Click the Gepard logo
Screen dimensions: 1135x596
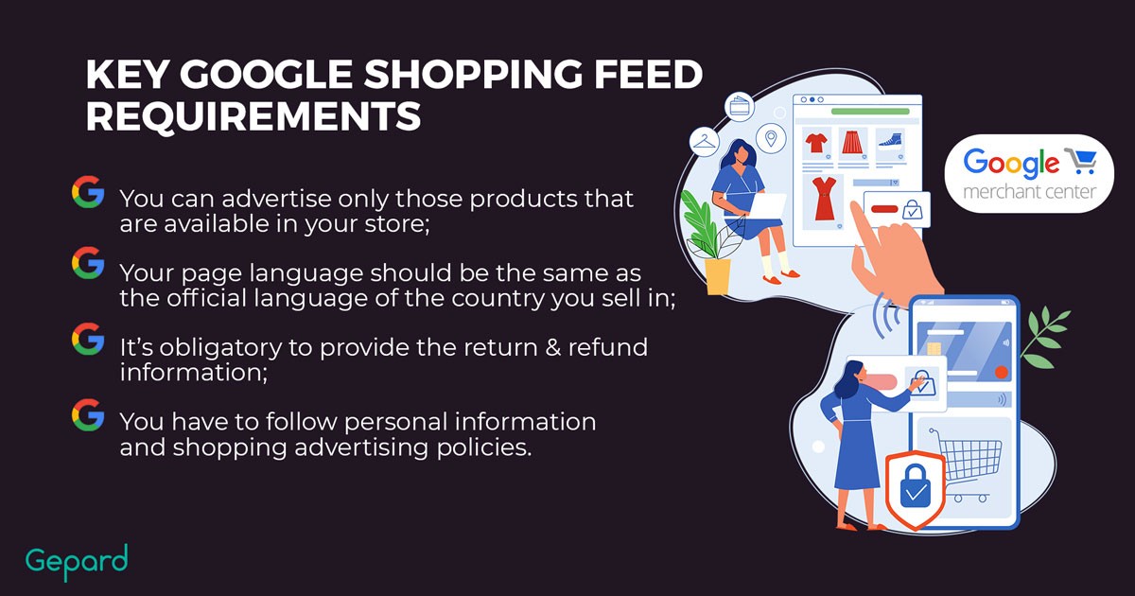(77, 562)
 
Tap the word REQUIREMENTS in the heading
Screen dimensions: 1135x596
(253, 116)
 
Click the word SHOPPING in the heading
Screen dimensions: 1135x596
(473, 75)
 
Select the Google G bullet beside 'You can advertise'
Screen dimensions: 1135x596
(88, 192)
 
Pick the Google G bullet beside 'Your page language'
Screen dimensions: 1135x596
(88, 263)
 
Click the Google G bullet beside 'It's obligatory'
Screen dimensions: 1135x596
(88, 339)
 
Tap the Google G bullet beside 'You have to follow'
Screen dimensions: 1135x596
(88, 414)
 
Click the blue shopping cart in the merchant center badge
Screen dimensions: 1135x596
(1080, 161)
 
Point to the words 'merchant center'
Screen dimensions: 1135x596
(1030, 191)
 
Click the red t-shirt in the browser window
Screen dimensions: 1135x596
(816, 143)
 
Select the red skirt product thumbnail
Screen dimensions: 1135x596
(853, 142)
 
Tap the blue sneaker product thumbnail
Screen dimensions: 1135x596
(890, 140)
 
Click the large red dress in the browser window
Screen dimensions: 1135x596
(825, 198)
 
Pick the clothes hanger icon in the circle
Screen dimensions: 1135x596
(705, 141)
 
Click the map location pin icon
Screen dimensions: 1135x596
(771, 138)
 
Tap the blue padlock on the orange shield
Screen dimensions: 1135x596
(916, 486)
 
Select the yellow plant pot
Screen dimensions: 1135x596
(718, 276)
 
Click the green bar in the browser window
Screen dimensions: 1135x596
(870, 112)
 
